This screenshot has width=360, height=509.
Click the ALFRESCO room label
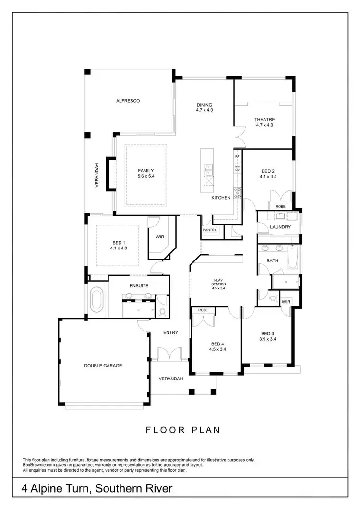pos(127,101)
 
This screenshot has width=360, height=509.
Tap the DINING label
pos(204,105)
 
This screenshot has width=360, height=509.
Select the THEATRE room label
pos(264,119)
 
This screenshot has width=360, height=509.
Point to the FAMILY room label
pos(146,170)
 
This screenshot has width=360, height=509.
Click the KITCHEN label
pos(221,197)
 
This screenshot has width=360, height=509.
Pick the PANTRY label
pos(210,230)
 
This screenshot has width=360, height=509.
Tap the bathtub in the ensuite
pos(97,299)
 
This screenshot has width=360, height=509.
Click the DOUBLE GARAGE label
pos(103,366)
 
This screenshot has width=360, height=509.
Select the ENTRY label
pos(170,332)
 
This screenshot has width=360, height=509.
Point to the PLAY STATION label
pos(219,282)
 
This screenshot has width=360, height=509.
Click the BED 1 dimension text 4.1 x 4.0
pos(118,248)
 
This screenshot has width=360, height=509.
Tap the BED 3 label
pos(268,333)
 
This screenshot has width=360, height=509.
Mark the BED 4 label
pos(217,343)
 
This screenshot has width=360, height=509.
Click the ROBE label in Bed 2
pos(280,206)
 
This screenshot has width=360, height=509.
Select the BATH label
pos(272,261)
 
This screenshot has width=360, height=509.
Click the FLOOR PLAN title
pos(183,430)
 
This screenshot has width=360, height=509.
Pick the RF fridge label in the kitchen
pos(237,156)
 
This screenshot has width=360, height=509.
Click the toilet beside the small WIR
pos(273,299)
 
